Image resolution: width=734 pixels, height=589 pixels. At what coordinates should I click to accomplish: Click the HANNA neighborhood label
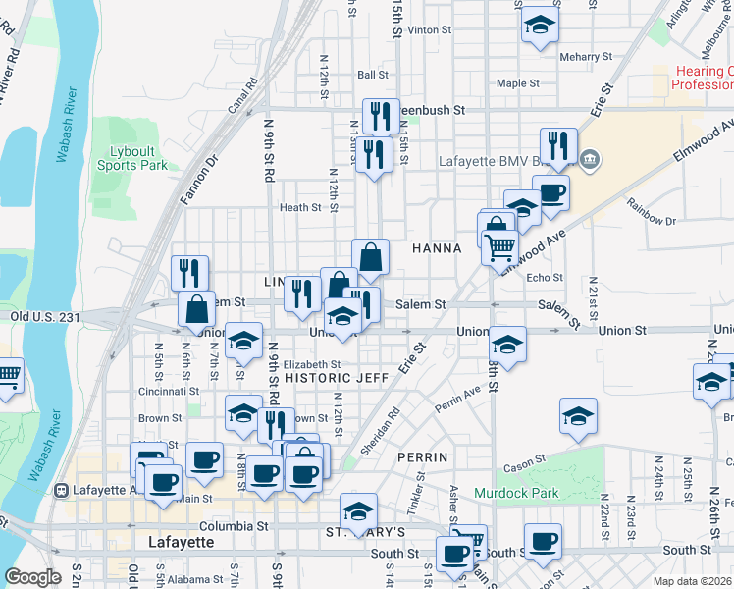437,248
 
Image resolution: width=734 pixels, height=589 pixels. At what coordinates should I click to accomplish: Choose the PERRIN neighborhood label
423,457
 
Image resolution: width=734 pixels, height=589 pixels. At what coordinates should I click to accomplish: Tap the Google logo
32,577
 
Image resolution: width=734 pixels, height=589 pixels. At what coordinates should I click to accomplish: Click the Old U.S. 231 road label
44,317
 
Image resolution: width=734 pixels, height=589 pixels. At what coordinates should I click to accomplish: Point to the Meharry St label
586,57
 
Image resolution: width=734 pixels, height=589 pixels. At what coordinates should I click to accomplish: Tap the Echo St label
545,278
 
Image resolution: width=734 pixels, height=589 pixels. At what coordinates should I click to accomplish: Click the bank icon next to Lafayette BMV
590,160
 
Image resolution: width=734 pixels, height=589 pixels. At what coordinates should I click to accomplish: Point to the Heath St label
300,207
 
